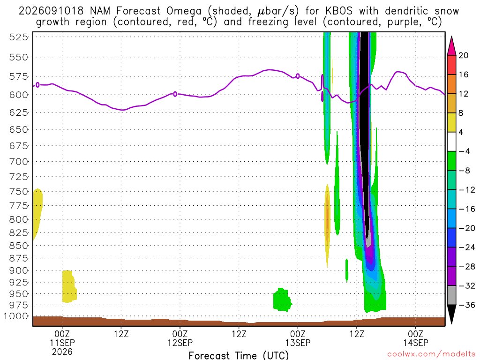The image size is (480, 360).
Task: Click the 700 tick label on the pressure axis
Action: [18, 161]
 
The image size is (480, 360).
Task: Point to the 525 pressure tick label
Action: [18, 37]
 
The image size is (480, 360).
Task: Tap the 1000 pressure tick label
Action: [16, 316]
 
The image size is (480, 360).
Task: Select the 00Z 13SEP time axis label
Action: [298, 338]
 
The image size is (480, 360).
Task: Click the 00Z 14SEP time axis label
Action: [415, 338]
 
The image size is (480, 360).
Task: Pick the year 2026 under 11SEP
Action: [62, 352]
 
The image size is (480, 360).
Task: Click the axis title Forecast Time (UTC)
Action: [239, 355]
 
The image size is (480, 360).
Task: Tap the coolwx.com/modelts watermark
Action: [431, 354]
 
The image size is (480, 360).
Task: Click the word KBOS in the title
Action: [338, 11]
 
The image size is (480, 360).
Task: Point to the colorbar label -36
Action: [466, 305]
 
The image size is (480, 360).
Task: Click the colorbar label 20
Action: [464, 55]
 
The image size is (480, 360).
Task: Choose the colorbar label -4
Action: [464, 151]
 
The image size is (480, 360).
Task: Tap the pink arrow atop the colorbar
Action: [451, 46]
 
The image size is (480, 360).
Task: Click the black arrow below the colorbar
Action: [451, 314]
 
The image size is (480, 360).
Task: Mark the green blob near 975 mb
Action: [282, 300]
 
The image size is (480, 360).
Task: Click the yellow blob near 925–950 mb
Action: [69, 286]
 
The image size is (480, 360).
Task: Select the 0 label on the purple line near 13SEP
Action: [298, 76]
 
